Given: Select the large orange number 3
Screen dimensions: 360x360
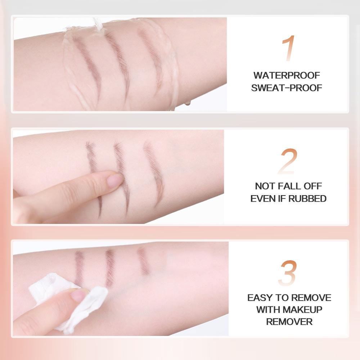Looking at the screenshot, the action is click(288, 273).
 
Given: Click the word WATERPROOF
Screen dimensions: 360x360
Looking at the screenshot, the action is click(287, 75).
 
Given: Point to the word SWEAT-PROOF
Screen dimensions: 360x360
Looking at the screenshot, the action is click(287, 88).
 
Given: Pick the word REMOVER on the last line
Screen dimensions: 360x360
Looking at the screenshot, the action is click(289, 322).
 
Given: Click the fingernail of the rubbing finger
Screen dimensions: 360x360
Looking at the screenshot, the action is click(115, 180).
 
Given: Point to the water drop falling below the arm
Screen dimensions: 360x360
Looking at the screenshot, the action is click(187, 103).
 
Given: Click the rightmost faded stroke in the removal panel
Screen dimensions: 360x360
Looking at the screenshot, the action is click(144, 261).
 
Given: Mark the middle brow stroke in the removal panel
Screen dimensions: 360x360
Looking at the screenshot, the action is click(110, 267).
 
